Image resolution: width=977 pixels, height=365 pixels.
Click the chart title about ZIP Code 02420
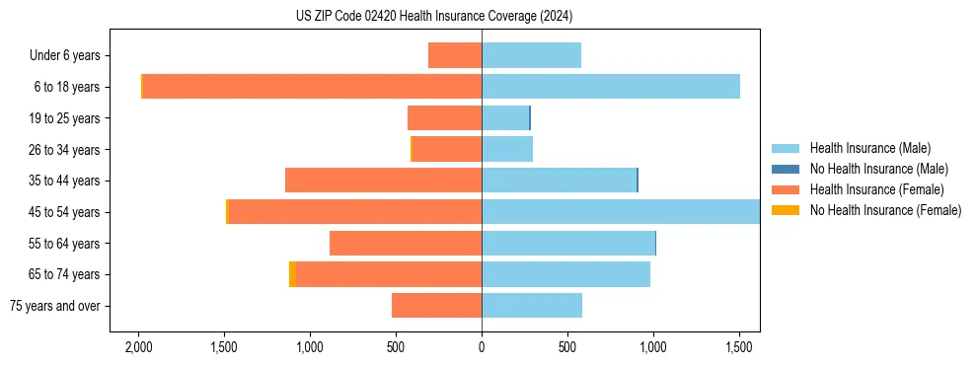pyautogui.click(x=434, y=17)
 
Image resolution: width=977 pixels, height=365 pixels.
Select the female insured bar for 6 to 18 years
pyautogui.click(x=312, y=87)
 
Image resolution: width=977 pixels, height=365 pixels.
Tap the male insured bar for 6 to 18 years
pyautogui.click(x=610, y=87)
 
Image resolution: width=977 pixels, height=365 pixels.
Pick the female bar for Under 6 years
pyautogui.click(x=455, y=55)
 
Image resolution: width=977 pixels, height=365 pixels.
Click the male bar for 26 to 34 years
pyautogui.click(x=507, y=149)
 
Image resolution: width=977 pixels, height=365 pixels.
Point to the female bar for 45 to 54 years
pyautogui.click(x=354, y=211)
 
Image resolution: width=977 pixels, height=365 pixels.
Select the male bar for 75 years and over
pyautogui.click(x=532, y=306)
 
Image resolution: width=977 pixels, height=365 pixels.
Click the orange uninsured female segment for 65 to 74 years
pyautogui.click(x=292, y=274)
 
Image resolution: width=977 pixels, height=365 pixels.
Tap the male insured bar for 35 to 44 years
pyautogui.click(x=559, y=181)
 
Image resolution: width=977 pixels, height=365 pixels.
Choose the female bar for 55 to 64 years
pyautogui.click(x=406, y=243)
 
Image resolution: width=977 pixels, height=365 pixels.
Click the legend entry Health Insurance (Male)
pyautogui.click(x=869, y=148)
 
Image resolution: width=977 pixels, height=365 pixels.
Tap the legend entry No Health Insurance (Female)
pyautogui.click(x=884, y=210)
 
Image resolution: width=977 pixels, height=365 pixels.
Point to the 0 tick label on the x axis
pyautogui.click(x=482, y=347)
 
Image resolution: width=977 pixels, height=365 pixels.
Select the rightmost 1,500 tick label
pyautogui.click(x=739, y=347)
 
